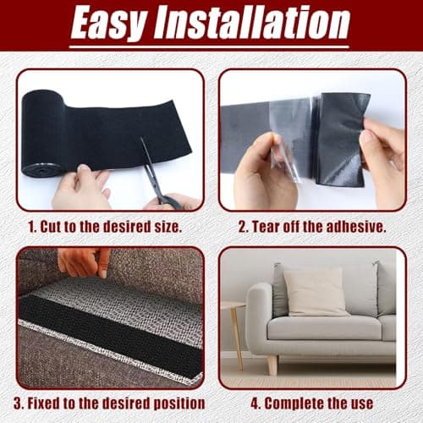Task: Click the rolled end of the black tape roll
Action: pyautogui.click(x=43, y=133)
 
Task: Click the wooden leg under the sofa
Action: pyautogui.click(x=272, y=365)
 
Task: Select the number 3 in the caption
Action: pyautogui.click(x=18, y=404)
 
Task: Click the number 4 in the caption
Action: pyautogui.click(x=255, y=404)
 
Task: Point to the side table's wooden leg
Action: pyautogui.click(x=237, y=338)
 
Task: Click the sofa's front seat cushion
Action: pyautogui.click(x=324, y=328)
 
